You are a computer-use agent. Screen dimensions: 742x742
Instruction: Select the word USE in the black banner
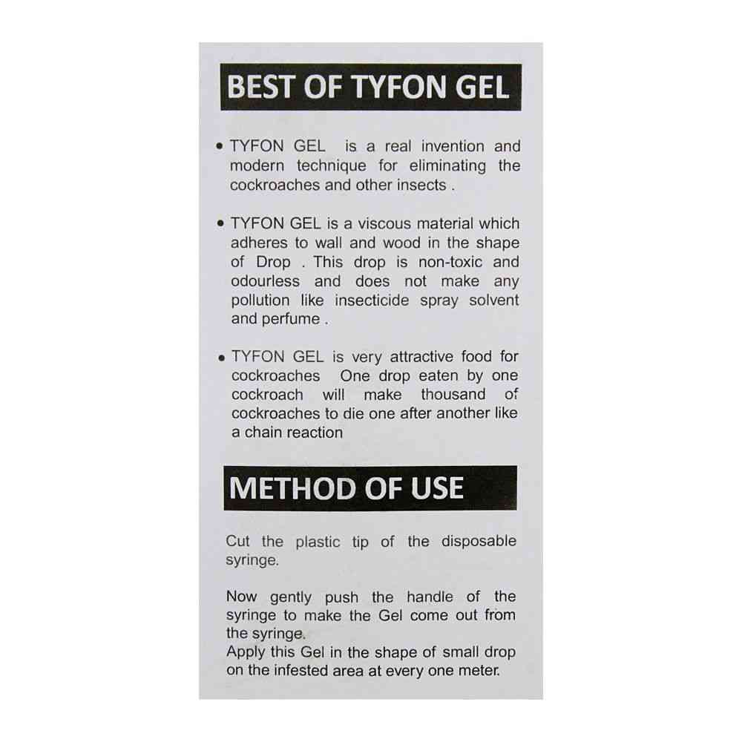pyautogui.click(x=437, y=488)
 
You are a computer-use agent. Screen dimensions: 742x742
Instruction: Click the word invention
pyautogui.click(x=453, y=146)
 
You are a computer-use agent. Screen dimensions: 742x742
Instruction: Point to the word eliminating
pyautogui.click(x=447, y=166)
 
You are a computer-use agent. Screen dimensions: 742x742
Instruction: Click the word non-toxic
pyautogui.click(x=450, y=262)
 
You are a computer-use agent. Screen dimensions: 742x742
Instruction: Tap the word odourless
pyautogui.click(x=265, y=281)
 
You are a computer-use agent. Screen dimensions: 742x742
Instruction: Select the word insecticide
pyautogui.click(x=372, y=300)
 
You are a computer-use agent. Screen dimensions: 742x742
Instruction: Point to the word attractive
pyautogui.click(x=421, y=356)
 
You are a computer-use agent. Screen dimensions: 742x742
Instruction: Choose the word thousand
pyautogui.click(x=453, y=394)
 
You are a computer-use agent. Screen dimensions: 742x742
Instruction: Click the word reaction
pyautogui.click(x=315, y=433)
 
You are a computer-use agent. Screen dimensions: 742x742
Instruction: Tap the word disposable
pyautogui.click(x=479, y=542)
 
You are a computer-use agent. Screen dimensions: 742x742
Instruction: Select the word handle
pyautogui.click(x=430, y=597)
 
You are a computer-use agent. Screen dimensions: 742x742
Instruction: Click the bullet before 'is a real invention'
pyautogui.click(x=220, y=147)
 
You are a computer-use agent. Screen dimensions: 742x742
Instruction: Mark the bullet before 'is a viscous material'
pyautogui.click(x=220, y=223)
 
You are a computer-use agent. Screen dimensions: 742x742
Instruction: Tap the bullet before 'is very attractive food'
pyautogui.click(x=221, y=358)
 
